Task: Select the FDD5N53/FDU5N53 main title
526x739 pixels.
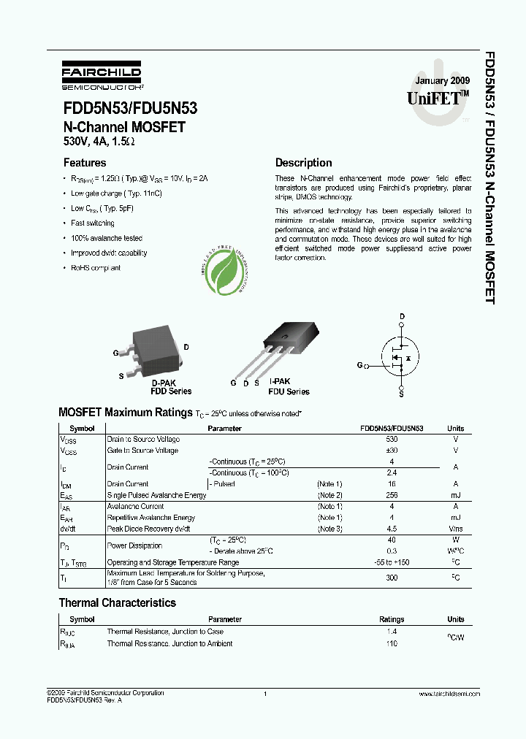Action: (129, 109)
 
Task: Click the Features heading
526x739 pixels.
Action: (85, 163)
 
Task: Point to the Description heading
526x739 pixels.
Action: (303, 163)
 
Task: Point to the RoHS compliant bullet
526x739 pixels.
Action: (95, 268)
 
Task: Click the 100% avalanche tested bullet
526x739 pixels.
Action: (106, 238)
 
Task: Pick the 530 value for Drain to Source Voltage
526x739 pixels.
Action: (392, 440)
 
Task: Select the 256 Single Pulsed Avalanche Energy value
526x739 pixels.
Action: (392, 495)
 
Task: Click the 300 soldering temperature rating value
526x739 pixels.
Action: (392, 577)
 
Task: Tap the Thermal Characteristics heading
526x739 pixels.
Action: (117, 603)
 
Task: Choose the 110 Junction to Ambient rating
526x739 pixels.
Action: (392, 643)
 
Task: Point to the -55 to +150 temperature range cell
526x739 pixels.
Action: (392, 562)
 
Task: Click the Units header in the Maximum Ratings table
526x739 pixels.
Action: (455, 429)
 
